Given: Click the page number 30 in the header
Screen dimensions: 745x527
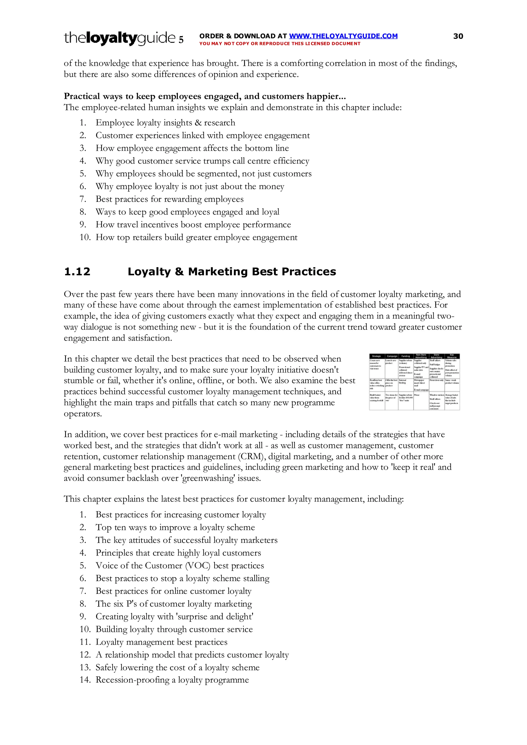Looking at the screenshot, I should pos(458,36).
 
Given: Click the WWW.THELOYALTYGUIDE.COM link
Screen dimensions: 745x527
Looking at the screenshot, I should pos(343,36).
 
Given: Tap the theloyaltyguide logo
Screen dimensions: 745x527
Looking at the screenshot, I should pos(124,38).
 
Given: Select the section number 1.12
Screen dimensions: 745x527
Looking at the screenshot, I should pos(77,271).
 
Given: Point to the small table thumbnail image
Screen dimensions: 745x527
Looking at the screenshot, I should pos(414,382).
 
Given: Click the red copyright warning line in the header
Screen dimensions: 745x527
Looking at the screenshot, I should pos(279,43).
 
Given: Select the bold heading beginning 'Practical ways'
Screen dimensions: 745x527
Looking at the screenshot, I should pos(205,96).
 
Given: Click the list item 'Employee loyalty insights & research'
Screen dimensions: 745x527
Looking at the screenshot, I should pos(165,123).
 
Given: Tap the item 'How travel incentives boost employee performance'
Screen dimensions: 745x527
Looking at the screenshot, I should pos(193,224).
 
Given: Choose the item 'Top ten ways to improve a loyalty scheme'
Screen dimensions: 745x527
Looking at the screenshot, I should pos(175,527).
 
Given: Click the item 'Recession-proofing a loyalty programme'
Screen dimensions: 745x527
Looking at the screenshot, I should pos(172,680).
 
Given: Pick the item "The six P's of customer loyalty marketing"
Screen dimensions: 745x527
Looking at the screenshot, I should pos(174,604).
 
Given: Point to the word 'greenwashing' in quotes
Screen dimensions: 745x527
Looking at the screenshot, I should pos(208,478).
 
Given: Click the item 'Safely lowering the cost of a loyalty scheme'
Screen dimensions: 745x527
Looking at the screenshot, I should pos(177,667).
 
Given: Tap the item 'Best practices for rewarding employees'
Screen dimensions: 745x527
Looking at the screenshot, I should pos(170,199).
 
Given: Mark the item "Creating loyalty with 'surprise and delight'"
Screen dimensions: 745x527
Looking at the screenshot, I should pos(174,616).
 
